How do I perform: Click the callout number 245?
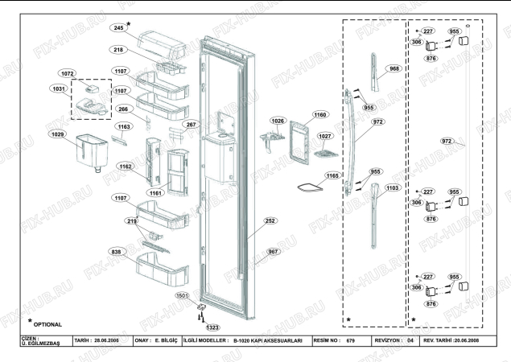(x=118, y=28)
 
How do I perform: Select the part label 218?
(x=118, y=50)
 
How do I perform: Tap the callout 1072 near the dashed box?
(x=68, y=73)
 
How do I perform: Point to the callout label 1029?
(x=57, y=134)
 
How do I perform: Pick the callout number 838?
(x=117, y=251)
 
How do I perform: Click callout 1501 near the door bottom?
(x=183, y=296)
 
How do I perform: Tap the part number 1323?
(x=212, y=327)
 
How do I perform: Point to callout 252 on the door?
(x=270, y=220)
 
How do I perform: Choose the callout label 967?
(x=274, y=252)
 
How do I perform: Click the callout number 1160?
(x=320, y=116)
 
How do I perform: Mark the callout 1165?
(x=332, y=175)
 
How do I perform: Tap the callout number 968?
(x=394, y=68)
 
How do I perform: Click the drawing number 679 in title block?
(x=350, y=341)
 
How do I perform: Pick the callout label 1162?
(x=126, y=167)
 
